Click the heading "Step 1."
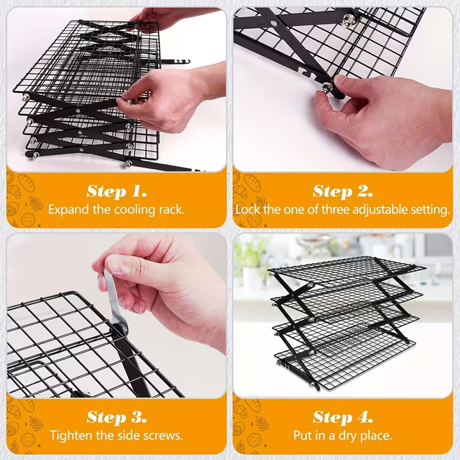click(x=116, y=191)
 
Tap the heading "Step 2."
click(x=343, y=191)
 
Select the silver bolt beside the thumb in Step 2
click(x=328, y=88)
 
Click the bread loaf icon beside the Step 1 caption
click(x=26, y=183)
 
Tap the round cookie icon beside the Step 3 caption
click(x=28, y=440)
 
